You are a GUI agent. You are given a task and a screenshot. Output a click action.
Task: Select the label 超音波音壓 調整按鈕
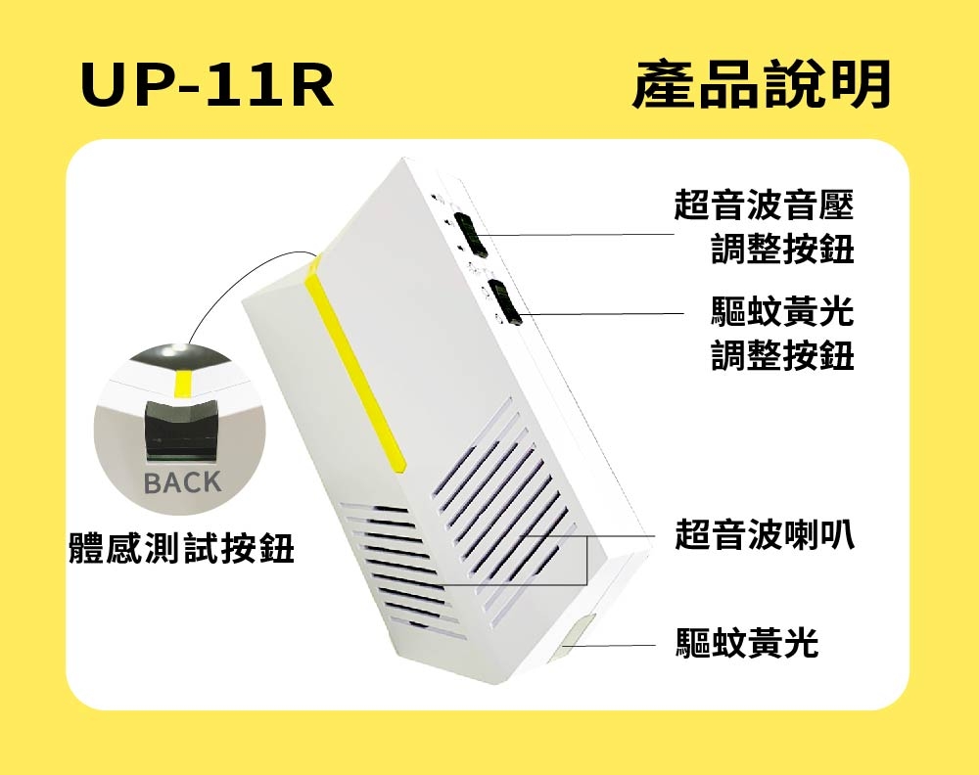coord(764,228)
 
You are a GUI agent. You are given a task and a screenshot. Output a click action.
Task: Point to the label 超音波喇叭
coord(765,535)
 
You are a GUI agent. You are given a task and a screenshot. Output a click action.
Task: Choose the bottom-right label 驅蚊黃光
coord(747,643)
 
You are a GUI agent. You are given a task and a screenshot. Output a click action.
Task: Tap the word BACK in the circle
coord(182,483)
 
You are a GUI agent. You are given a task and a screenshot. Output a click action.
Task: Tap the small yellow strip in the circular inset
coord(183,384)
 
